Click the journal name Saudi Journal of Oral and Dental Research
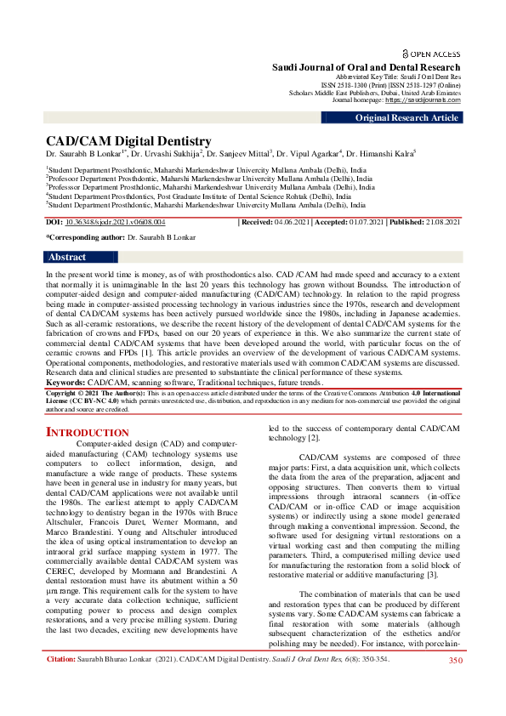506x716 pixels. pyautogui.click(x=366, y=67)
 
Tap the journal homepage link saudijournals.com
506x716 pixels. pyautogui.click(x=423, y=99)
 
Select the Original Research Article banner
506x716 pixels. pyautogui.click(x=407, y=118)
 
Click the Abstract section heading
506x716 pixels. pyautogui.click(x=67, y=257)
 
